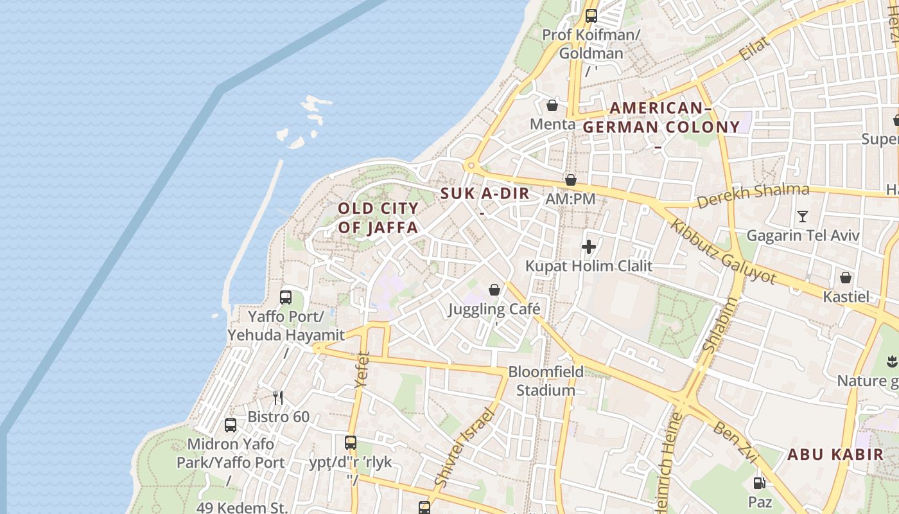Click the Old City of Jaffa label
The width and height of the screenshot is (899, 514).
(378, 218)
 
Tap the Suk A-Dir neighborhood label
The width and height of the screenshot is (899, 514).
(485, 193)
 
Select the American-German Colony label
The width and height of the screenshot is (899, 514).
(661, 118)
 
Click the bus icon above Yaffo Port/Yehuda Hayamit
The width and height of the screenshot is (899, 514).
(286, 297)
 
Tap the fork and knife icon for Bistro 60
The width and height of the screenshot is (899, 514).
(278, 397)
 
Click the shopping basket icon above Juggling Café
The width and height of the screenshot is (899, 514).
(494, 290)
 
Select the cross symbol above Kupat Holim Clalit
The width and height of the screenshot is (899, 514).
(588, 246)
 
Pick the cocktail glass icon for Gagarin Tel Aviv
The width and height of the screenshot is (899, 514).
(802, 216)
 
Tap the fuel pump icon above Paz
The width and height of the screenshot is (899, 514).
(759, 483)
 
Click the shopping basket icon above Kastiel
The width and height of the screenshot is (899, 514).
(846, 278)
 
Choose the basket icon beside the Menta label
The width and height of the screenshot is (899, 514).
(552, 105)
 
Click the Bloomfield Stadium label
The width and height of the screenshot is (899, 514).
(546, 381)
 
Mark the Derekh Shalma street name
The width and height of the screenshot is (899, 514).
(753, 195)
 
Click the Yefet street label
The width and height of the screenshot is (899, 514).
(362, 370)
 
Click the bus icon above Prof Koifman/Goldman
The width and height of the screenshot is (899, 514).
(591, 16)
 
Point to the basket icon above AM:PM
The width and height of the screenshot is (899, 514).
(570, 180)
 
